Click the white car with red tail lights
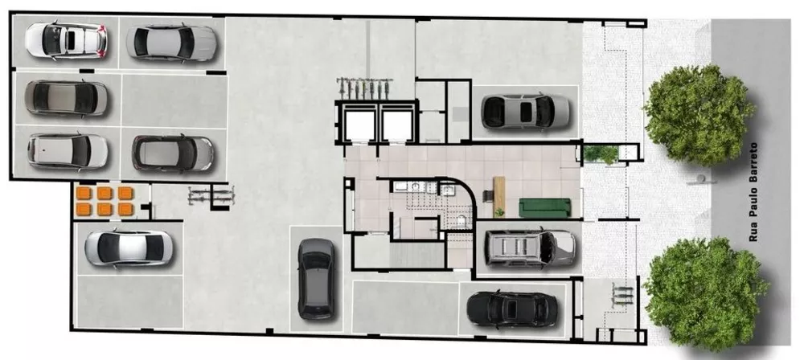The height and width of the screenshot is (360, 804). pos(67,39)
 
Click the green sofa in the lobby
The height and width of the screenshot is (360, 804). pos(544,207)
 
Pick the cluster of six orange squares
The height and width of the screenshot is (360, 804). pos(104,201)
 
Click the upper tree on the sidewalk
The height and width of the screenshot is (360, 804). pos(699,115)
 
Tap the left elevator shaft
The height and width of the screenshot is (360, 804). pos(357,125)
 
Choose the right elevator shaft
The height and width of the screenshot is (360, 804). pos(396,125)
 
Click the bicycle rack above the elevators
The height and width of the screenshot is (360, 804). pos(366,85)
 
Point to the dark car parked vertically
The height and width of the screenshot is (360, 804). pos(315,278)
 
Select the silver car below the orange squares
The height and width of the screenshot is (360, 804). pos(129,249)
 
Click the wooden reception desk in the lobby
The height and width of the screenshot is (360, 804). pos(498,195)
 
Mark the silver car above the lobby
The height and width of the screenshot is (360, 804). pos(525,112)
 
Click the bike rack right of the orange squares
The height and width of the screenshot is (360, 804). pos(211,195)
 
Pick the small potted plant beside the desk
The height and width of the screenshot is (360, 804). pos(499,212)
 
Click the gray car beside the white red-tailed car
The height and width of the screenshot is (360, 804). pos(171,42)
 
